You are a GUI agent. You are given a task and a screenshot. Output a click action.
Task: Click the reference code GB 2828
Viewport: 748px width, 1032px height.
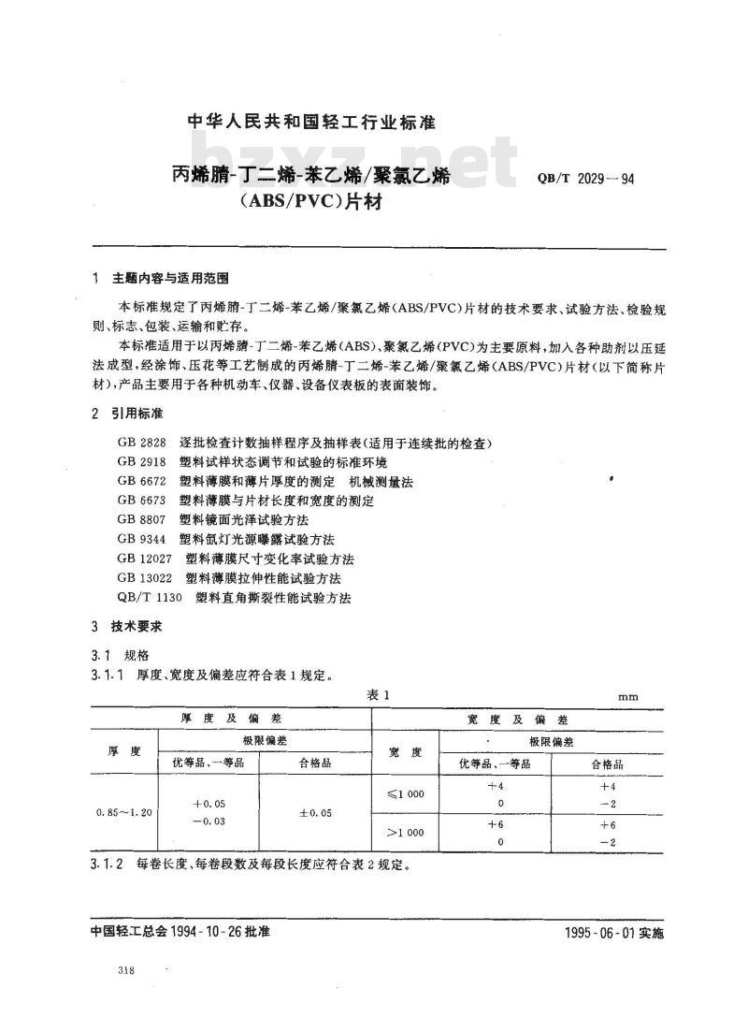point(137,442)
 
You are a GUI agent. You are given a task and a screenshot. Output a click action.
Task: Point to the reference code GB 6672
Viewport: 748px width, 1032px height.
point(137,481)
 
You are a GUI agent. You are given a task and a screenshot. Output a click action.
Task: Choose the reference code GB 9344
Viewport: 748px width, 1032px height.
point(137,539)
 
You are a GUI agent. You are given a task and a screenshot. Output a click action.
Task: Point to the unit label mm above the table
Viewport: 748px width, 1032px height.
point(628,696)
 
